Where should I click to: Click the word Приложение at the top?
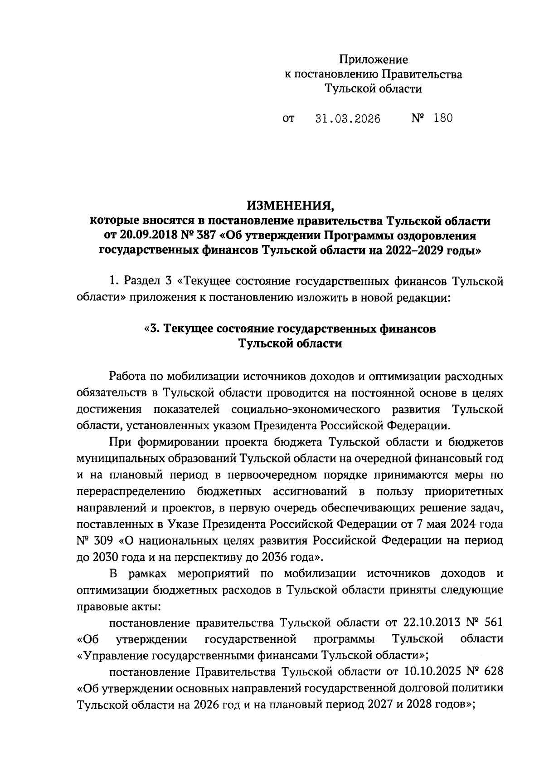pyautogui.click(x=374, y=59)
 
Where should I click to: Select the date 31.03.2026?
pyautogui.click(x=348, y=119)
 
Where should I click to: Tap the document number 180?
pyautogui.click(x=443, y=118)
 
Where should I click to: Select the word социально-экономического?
pyautogui.click(x=305, y=409)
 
